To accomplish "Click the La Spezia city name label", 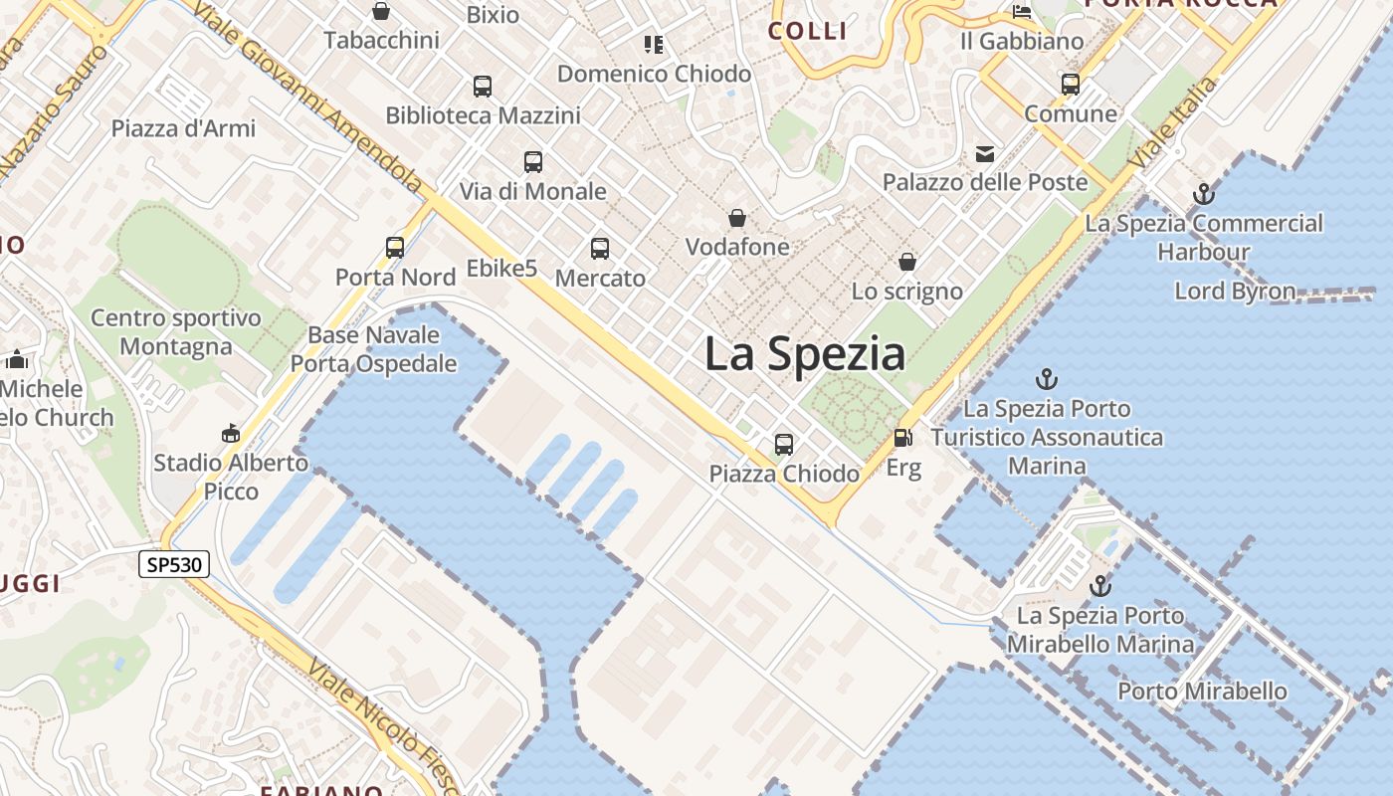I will (805, 354).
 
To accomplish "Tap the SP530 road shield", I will (174, 565).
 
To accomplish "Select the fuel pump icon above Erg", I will (903, 437).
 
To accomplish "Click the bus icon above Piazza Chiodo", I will (784, 444).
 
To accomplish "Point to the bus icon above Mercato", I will (600, 249).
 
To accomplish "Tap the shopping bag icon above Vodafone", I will (737, 217).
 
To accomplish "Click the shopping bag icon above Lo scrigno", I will (907, 262).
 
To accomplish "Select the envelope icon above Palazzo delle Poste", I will (985, 154).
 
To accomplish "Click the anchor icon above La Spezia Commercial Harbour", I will (1204, 193).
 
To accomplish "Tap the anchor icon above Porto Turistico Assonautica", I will (1046, 378).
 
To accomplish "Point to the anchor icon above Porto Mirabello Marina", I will (1100, 586).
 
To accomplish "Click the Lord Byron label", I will (1235, 292).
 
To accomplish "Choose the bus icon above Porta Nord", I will (395, 248).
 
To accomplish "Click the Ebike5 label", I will (501, 269).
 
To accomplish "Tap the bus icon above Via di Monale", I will (533, 161).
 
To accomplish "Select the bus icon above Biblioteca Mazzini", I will (483, 86).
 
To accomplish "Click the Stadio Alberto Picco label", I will (231, 477).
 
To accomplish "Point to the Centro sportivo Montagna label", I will (176, 332).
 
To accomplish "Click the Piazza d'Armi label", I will (183, 128).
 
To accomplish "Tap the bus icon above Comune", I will (1071, 85).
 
